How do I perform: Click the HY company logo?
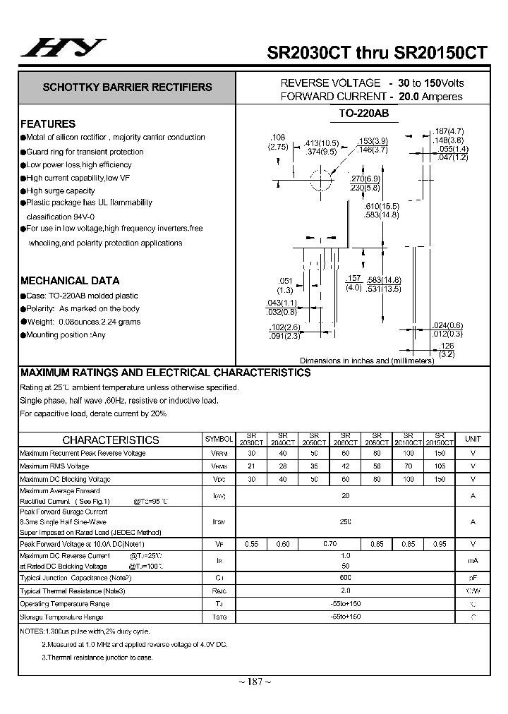[x=61, y=49]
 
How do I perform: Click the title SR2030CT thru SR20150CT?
[x=376, y=52]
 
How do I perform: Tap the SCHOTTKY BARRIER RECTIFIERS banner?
[x=128, y=87]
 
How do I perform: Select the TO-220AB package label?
[x=364, y=113]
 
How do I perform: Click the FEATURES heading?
[x=48, y=123]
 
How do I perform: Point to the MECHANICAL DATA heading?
[x=70, y=280]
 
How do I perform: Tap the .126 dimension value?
[x=446, y=346]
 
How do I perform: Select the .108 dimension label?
[x=278, y=137]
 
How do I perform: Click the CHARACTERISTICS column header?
[x=111, y=440]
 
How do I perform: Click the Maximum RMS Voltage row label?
[x=55, y=466]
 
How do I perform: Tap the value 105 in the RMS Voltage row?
[x=440, y=466]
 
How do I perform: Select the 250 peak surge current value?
[x=346, y=521]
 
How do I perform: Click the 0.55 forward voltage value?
[x=252, y=544]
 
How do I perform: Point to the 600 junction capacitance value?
[x=346, y=577]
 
